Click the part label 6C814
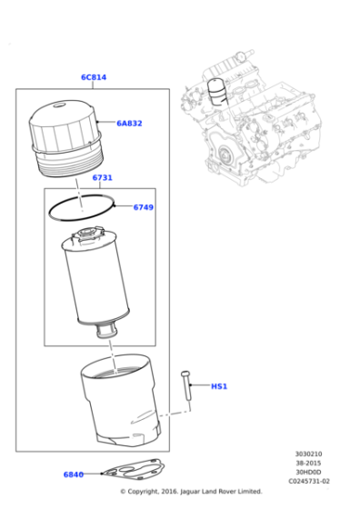[94, 77]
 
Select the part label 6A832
[129, 124]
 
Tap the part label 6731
[102, 177]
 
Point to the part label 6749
[143, 207]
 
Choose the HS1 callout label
[219, 386]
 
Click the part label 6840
[74, 474]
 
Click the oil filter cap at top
[66, 139]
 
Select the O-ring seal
[82, 208]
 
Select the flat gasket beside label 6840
[132, 469]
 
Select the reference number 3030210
[308, 454]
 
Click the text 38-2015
[308, 463]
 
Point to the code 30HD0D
[308, 472]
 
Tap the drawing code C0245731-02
[309, 481]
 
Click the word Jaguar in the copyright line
[190, 492]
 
